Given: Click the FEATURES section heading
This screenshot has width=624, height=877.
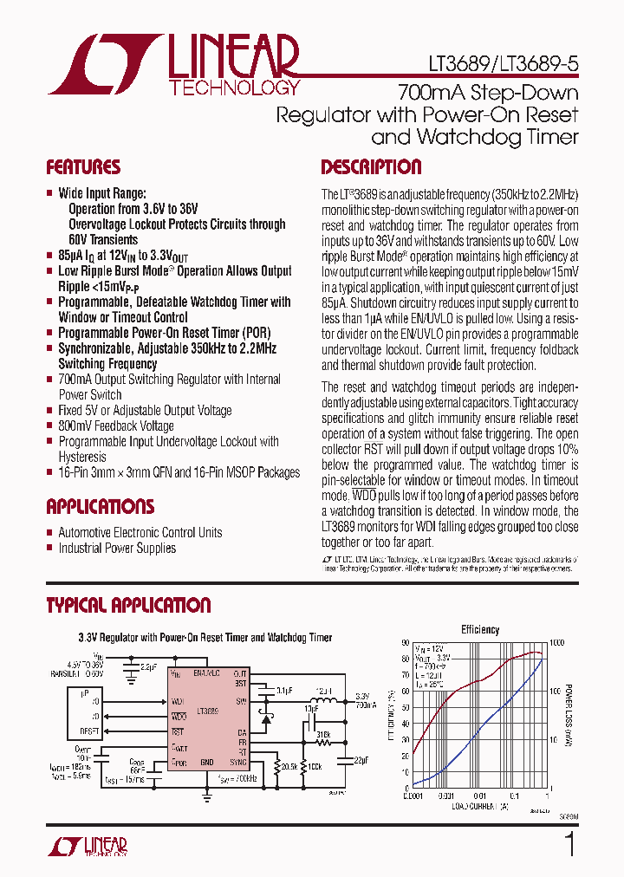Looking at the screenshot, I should pos(83,167).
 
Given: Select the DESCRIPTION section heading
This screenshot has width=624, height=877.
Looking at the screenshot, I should pos(371,167).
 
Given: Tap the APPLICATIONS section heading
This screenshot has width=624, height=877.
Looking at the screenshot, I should pos(100,507).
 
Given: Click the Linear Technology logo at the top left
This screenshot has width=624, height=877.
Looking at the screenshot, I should pos(173,65).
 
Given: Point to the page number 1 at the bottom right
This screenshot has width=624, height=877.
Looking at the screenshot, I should pos(569,845).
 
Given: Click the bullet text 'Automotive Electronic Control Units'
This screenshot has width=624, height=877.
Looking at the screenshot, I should pos(140,533).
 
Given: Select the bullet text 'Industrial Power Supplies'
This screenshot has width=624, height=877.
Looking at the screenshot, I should pos(116,548).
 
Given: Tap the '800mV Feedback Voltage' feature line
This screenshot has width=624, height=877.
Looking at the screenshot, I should pos(115,426).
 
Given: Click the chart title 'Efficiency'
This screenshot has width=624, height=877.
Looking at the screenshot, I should pos(480,630).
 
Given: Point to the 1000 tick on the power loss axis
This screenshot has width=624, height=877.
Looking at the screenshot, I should pos(556,643).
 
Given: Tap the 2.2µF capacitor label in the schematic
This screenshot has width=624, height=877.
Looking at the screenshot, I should pos(148,667).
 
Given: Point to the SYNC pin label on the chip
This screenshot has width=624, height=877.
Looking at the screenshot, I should pos(237,763).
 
